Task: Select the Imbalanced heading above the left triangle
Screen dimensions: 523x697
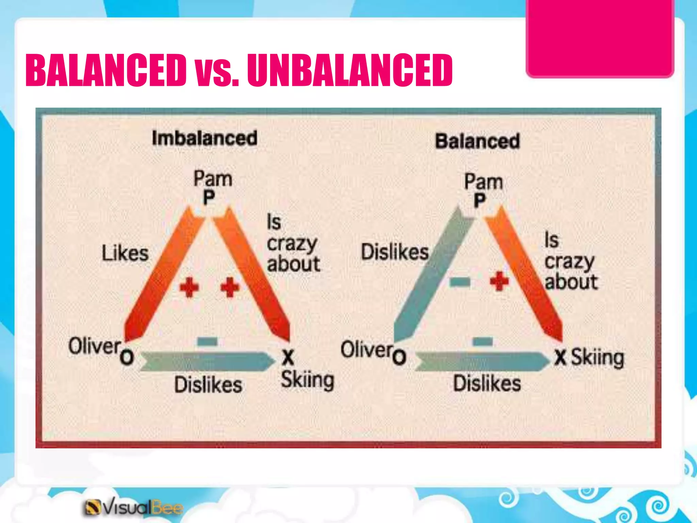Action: pos(204,138)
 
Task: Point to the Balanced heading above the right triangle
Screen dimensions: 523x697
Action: pos(477,141)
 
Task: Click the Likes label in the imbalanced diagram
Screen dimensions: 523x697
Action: pos(125,253)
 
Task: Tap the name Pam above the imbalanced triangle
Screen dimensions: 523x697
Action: pos(213,179)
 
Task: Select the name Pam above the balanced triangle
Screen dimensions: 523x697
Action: pos(484,181)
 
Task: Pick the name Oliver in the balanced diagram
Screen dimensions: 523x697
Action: pos(367,349)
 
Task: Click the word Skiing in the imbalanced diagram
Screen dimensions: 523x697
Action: pos(307,380)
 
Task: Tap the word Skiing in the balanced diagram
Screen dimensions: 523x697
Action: pos(597,358)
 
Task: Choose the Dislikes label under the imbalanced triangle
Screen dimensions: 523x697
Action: pos(208,385)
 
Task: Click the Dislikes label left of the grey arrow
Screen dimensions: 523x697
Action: pos(395,252)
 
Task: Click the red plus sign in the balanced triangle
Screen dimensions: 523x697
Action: pos(499,281)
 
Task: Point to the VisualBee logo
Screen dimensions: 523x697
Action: pos(133,507)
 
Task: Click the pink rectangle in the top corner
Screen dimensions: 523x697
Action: pos(600,37)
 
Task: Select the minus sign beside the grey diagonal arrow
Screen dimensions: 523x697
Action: pos(459,282)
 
